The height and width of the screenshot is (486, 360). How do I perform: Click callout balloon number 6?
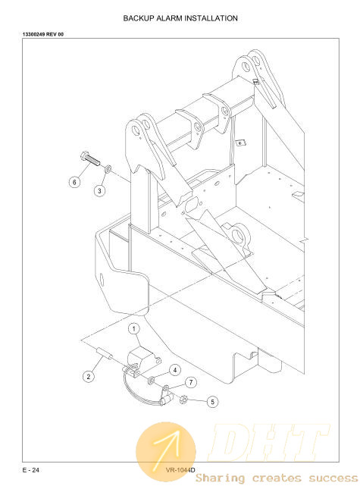(74, 182)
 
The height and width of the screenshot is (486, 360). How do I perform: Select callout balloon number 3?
(99, 190)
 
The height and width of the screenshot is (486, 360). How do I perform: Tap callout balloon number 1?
(134, 328)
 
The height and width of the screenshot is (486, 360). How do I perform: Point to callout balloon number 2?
(89, 377)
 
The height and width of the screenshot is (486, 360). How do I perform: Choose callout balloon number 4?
(175, 370)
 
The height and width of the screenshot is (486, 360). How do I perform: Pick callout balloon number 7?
(191, 382)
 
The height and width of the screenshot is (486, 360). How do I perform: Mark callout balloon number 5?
(212, 402)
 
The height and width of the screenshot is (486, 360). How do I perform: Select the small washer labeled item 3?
(107, 169)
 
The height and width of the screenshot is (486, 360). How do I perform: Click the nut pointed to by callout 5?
(183, 400)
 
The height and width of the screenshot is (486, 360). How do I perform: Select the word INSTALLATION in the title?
(211, 18)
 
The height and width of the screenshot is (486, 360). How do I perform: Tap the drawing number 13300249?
(33, 34)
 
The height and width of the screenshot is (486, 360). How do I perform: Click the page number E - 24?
(30, 470)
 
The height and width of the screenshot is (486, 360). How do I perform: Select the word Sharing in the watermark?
(220, 478)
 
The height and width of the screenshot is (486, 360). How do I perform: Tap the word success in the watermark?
(333, 478)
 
